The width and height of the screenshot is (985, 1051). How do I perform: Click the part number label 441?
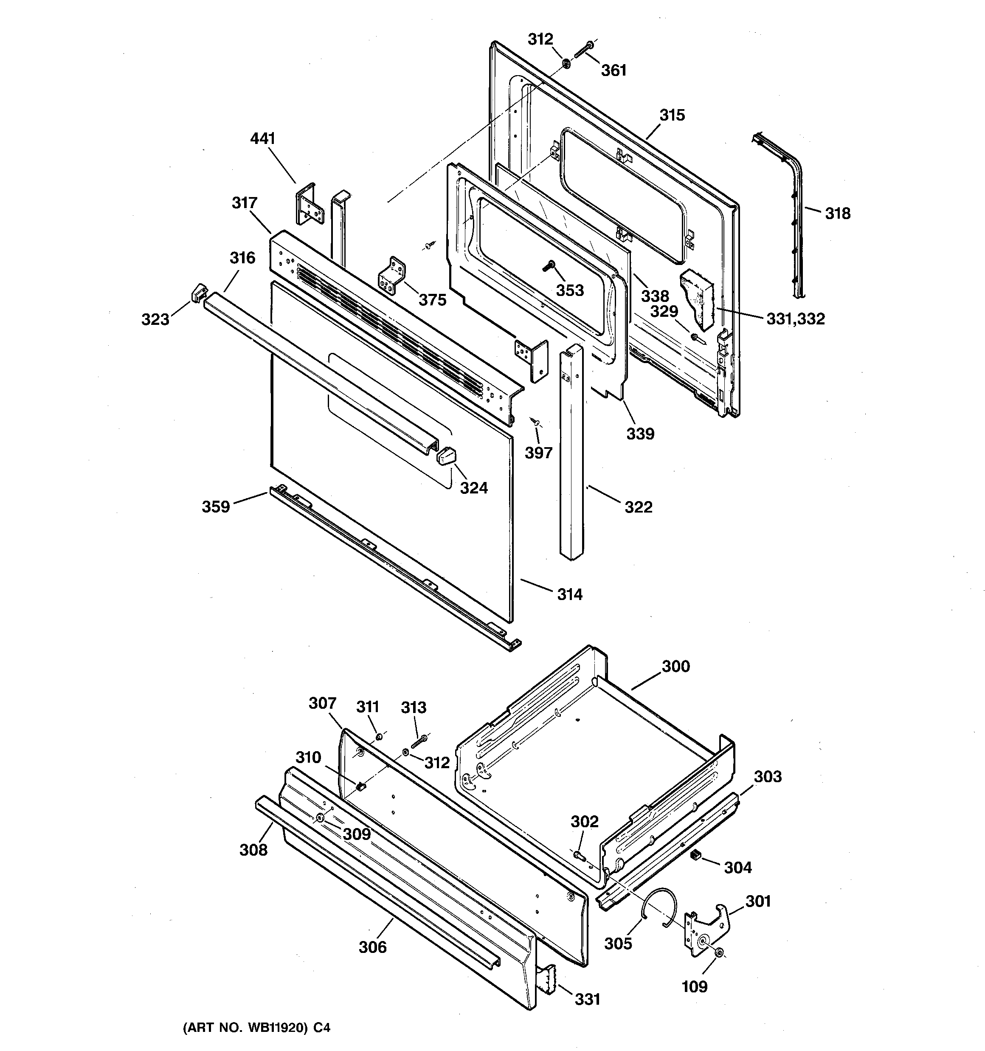(x=263, y=138)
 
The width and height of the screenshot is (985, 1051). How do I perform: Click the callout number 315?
(x=672, y=115)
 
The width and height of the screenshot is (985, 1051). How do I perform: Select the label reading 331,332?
(x=795, y=319)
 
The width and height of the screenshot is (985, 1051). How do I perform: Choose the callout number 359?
(x=216, y=507)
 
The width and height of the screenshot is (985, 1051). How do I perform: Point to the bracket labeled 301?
(x=707, y=933)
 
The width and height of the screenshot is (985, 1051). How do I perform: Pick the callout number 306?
(x=373, y=947)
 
